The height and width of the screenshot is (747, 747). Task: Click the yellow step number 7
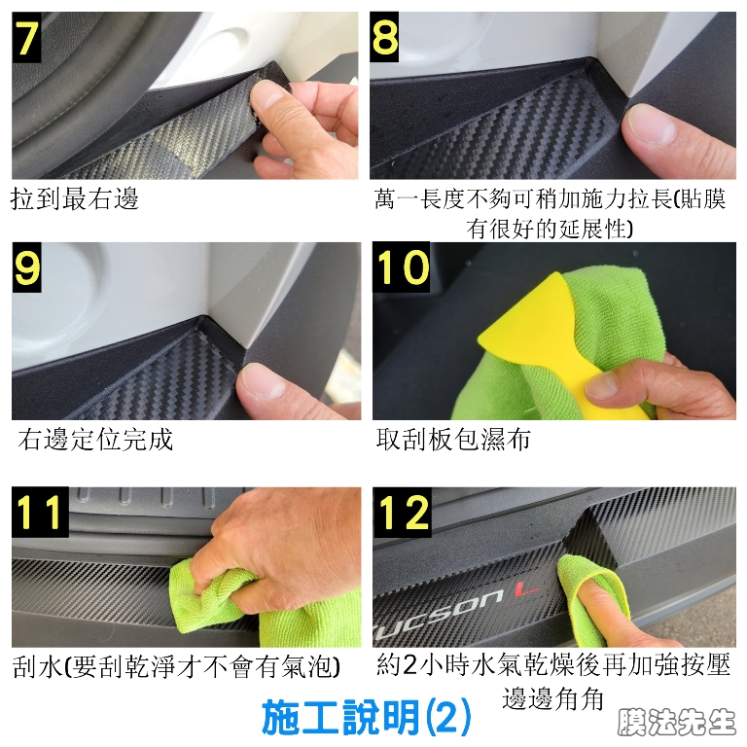tap(26, 37)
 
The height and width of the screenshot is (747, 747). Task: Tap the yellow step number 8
tap(384, 37)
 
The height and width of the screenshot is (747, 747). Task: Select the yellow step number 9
tap(27, 267)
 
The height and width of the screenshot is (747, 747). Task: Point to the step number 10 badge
tap(402, 267)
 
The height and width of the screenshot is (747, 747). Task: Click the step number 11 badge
tap(41, 512)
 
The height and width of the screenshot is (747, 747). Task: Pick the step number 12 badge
tap(403, 513)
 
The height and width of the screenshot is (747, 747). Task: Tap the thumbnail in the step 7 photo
tap(268, 95)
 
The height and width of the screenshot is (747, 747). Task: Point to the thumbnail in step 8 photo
tap(652, 124)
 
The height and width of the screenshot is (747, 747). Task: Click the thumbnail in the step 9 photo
tap(265, 380)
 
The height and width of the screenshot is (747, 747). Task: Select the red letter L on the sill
tap(527, 590)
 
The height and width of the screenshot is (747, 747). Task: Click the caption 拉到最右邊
tap(74, 198)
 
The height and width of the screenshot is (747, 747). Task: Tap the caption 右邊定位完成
tap(95, 439)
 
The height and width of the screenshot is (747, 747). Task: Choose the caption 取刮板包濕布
tap(453, 439)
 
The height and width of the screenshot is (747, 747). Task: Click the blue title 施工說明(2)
tap(367, 717)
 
